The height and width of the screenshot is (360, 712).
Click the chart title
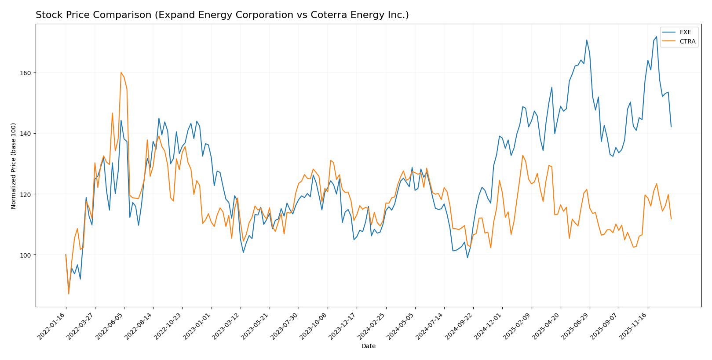222,15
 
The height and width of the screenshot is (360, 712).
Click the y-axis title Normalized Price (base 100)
14,166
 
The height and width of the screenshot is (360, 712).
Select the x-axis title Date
368,346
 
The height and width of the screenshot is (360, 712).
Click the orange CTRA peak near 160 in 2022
121,73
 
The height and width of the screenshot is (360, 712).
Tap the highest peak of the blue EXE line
657,37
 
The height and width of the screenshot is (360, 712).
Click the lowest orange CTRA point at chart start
69,294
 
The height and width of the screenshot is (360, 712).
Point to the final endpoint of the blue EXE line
671,127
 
